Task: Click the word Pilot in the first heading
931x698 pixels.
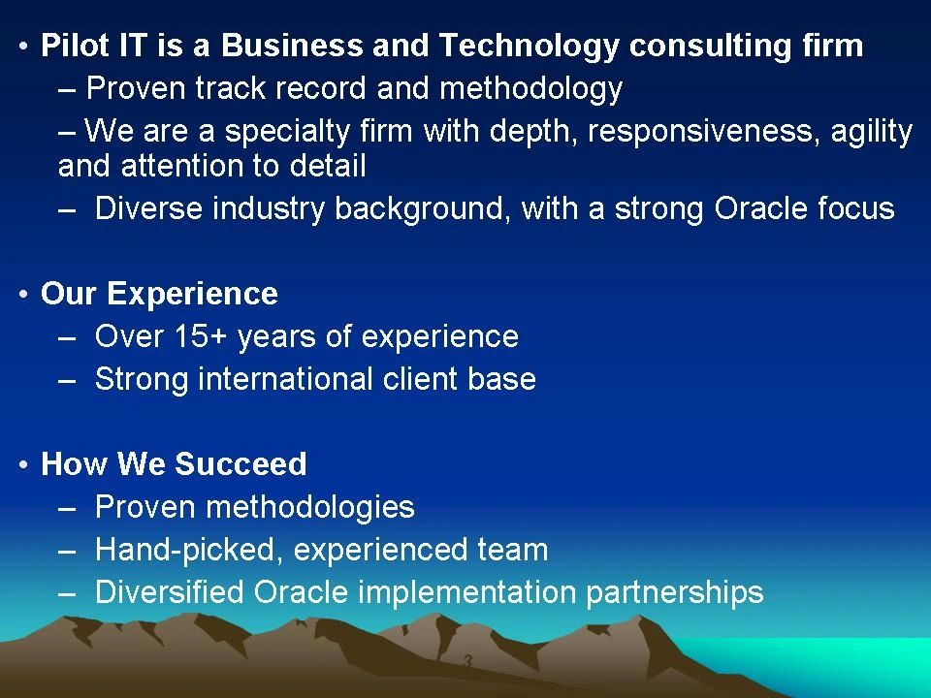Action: point(75,46)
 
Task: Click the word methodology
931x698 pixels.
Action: point(530,89)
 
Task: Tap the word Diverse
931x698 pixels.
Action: point(148,208)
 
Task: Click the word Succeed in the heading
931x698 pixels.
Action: point(241,463)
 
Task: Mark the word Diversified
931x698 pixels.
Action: point(169,592)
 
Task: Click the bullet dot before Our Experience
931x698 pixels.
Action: point(23,294)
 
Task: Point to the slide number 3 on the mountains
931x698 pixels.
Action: point(467,660)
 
